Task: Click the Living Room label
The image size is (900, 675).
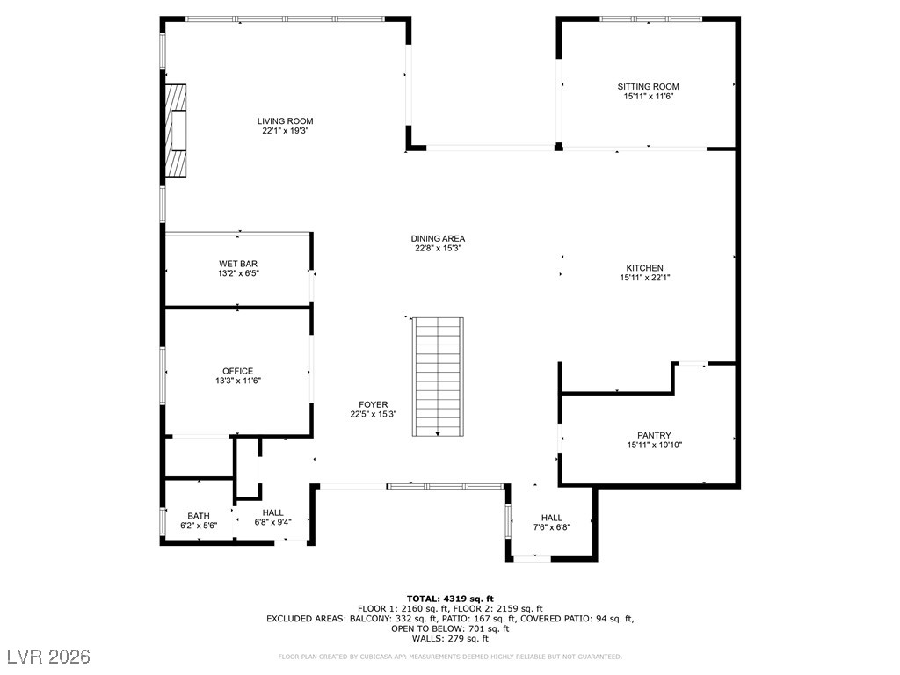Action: [x=285, y=121]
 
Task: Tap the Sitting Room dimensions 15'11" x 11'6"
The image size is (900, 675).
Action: [x=648, y=97]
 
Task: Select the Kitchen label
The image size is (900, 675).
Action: [x=644, y=268]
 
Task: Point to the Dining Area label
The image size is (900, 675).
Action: [x=438, y=238]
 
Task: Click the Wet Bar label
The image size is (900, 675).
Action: [x=238, y=264]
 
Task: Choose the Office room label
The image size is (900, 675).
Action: [x=237, y=371]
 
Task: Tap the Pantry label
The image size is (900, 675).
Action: [x=654, y=435]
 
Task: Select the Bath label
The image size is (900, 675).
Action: [x=199, y=516]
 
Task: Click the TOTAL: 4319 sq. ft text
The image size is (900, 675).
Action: [x=450, y=599]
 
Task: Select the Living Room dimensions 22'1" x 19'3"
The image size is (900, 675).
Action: [x=285, y=131]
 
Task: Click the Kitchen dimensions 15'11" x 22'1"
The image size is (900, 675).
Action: [x=644, y=278]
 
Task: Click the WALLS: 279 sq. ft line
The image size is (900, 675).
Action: [x=450, y=638]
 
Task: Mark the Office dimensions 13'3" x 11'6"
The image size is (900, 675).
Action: [x=237, y=381]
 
